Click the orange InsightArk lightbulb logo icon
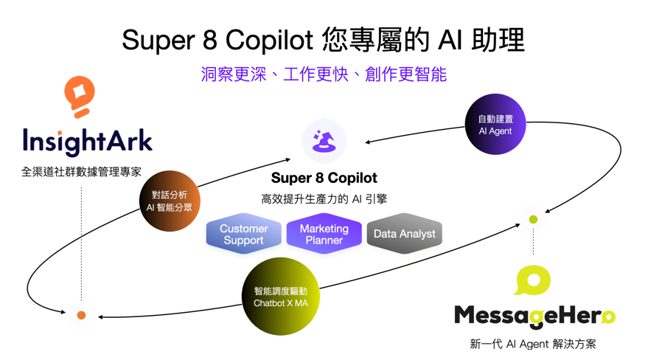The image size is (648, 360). point(80,97)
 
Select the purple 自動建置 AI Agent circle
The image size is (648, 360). point(495,125)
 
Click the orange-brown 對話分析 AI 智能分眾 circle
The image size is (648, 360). point(170,201)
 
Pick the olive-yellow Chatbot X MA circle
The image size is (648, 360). point(281,297)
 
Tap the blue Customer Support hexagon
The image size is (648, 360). point(244,234)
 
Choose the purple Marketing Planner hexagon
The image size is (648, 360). point(324,234)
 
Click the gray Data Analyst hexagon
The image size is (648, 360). point(405,234)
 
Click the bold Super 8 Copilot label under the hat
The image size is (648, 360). point(324,178)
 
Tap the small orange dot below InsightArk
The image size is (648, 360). point(81,315)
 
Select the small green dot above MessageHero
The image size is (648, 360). point(533,220)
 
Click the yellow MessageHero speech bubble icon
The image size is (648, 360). point(532,280)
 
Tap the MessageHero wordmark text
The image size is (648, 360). point(534,316)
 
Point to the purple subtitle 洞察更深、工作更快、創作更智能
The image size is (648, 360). point(324,75)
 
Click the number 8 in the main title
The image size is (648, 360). point(210,41)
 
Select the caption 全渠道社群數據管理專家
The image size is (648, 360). point(81,172)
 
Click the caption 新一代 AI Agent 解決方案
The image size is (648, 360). point(533,344)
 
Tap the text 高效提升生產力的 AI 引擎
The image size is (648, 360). point(324,199)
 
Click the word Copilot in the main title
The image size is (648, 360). point(269,41)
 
